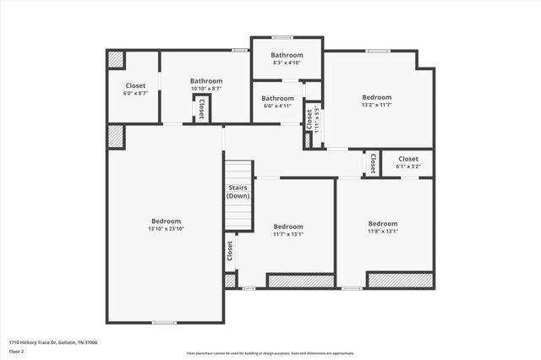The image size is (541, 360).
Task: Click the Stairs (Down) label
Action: (x=238, y=192)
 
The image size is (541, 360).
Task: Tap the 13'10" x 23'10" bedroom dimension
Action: (x=166, y=229)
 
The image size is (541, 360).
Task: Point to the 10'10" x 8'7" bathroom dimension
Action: (x=205, y=89)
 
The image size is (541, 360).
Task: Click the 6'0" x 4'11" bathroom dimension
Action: (x=276, y=106)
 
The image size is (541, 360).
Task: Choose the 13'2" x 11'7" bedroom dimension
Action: (x=377, y=106)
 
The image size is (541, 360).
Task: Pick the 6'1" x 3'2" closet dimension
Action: (x=407, y=166)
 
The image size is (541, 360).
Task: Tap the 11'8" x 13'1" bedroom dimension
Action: (x=382, y=232)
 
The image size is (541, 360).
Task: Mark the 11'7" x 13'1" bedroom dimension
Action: (x=288, y=234)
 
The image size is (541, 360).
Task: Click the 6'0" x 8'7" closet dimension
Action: (x=135, y=93)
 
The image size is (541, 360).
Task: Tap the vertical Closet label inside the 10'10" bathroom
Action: (x=201, y=108)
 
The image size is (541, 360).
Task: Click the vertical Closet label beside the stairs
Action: (x=229, y=251)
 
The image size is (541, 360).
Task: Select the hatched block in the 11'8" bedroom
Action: (x=399, y=279)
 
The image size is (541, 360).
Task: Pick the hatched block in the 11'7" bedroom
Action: (x=300, y=280)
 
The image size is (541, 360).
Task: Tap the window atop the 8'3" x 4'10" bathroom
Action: (x=281, y=37)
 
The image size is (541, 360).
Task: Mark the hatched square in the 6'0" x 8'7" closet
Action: (x=116, y=60)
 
